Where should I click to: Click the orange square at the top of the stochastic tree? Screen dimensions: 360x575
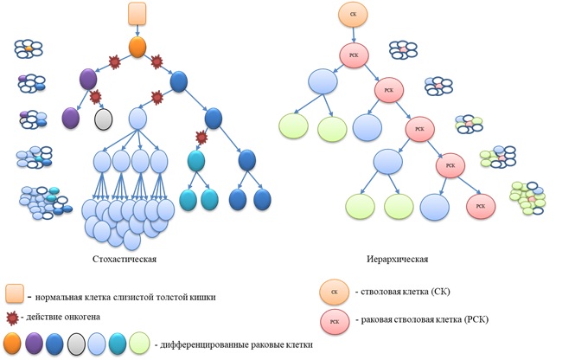point(137,13)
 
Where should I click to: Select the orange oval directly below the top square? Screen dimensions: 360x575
point(137,47)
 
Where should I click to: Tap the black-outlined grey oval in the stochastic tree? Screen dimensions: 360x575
point(105,117)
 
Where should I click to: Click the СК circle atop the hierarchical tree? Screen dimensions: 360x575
point(352,15)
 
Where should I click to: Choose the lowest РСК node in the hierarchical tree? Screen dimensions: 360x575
point(481,207)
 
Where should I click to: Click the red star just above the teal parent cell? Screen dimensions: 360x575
point(202,137)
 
